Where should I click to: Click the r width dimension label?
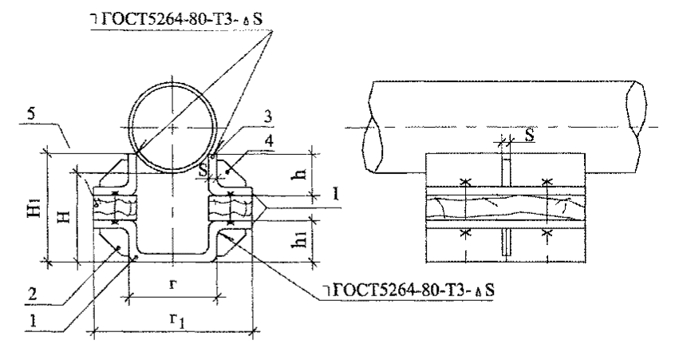point(172,283)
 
